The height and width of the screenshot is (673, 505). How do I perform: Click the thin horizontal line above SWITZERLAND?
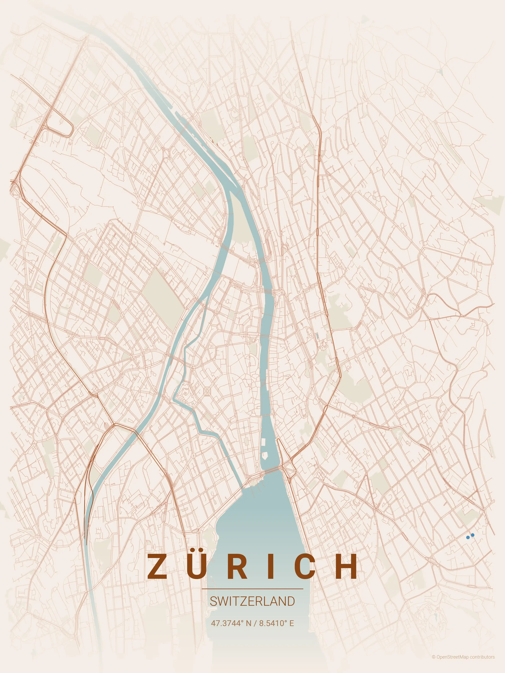click(x=252, y=589)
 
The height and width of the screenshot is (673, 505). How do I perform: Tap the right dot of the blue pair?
click(x=472, y=535)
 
